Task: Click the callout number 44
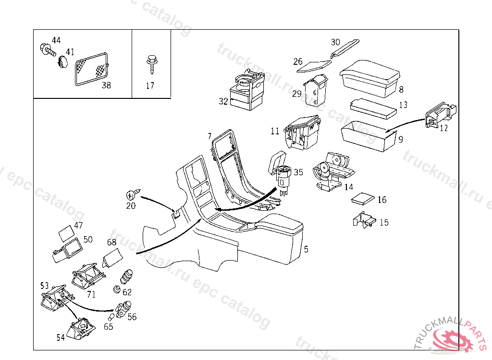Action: [x=56, y=40]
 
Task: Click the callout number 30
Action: [x=335, y=42]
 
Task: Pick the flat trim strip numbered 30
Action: [x=345, y=48]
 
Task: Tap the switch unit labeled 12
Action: [x=441, y=117]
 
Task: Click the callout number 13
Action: [x=403, y=105]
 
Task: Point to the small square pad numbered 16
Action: [x=362, y=199]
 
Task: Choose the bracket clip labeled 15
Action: [x=364, y=220]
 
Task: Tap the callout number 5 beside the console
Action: [x=306, y=249]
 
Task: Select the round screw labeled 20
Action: [x=131, y=195]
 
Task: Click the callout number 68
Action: [x=111, y=242]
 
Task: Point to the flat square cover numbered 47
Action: [x=66, y=234]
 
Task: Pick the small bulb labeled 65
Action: [x=111, y=318]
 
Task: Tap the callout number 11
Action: [x=275, y=131]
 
